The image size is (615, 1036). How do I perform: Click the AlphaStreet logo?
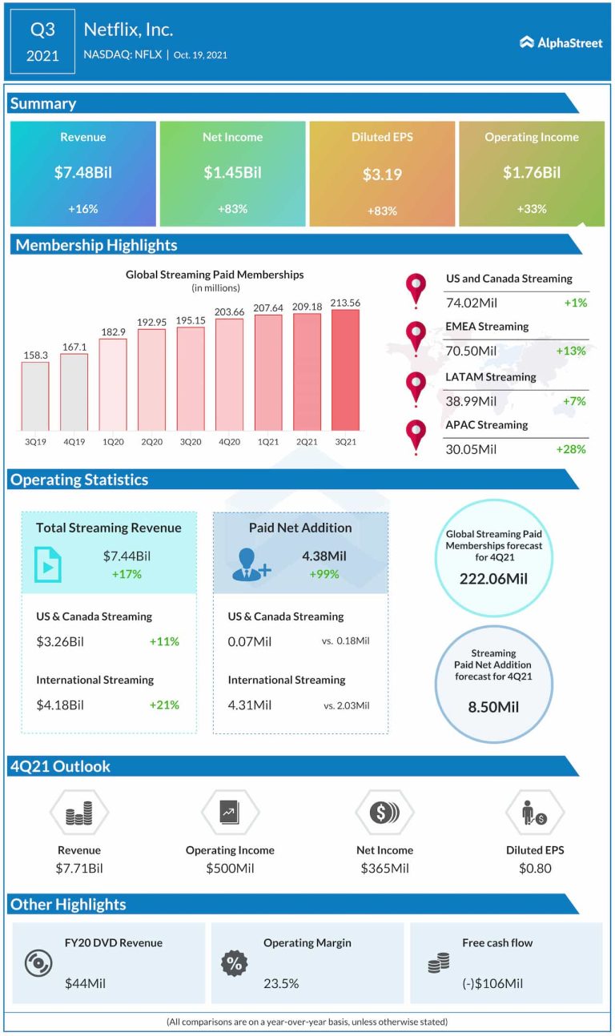coord(561,42)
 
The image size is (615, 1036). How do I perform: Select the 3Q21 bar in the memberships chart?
coord(345,370)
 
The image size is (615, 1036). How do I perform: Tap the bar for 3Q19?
coord(35,396)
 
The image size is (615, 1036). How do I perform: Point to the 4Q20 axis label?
coord(229,441)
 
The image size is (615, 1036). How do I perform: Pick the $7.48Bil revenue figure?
coord(83,172)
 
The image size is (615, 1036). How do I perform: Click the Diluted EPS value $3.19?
coord(382,174)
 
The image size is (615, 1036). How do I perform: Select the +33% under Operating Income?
coord(532,209)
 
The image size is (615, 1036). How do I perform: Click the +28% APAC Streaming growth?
coord(571,449)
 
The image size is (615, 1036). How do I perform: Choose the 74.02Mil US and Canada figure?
coord(471,303)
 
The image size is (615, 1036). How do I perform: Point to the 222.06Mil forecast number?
coord(493,579)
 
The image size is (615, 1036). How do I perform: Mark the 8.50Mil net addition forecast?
coord(493,707)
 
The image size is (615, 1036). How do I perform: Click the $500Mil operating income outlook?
coord(230,868)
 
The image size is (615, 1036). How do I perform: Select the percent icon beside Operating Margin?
coord(234,963)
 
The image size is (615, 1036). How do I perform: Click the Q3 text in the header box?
coord(42,30)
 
